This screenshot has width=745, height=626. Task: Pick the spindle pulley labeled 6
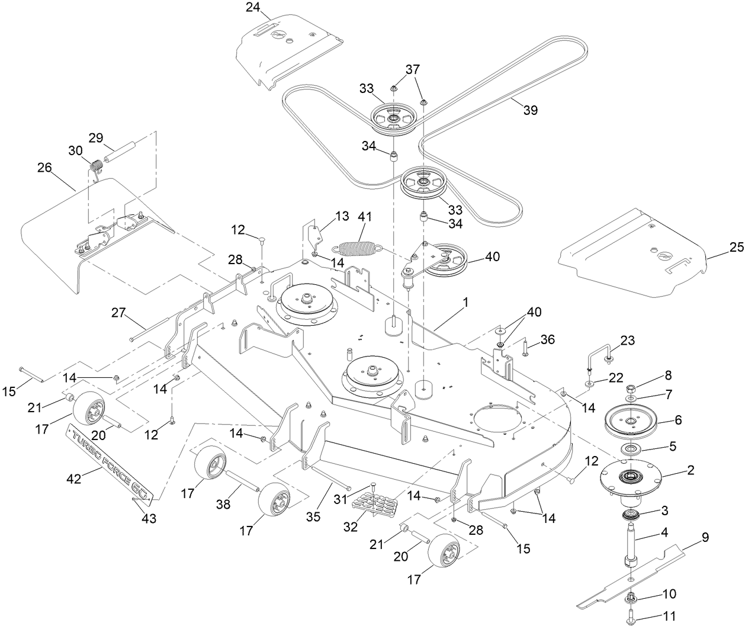(631, 421)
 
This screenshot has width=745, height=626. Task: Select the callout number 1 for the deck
(465, 302)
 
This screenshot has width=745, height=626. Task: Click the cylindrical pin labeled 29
(122, 152)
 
